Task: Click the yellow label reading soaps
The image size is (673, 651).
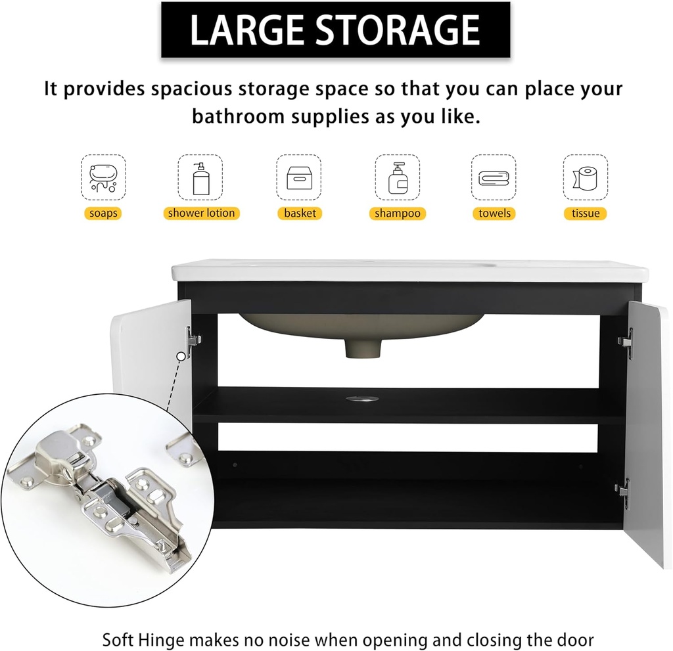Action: click(x=104, y=213)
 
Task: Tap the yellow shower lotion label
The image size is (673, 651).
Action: click(x=201, y=213)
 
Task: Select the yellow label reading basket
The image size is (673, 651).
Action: click(x=300, y=213)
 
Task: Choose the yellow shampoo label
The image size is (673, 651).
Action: click(x=397, y=213)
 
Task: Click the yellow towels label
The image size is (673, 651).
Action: click(x=494, y=213)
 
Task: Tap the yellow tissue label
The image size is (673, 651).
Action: click(x=585, y=213)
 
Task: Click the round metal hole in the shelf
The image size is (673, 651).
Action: click(x=361, y=397)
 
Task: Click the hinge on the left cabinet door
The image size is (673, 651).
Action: click(x=193, y=340)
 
